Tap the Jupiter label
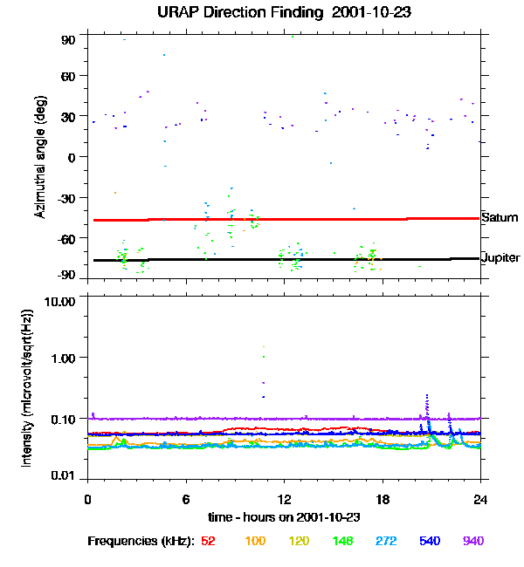pyautogui.click(x=500, y=258)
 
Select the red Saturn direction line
pyautogui.click(x=262, y=219)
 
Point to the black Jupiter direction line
pyautogui.click(x=262, y=259)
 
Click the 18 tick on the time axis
pyautogui.click(x=382, y=499)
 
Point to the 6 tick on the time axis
pyautogui.click(x=186, y=499)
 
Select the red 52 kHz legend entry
pyautogui.click(x=208, y=541)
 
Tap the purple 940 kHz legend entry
pyautogui.click(x=472, y=541)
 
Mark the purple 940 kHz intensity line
pyautogui.click(x=262, y=419)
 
